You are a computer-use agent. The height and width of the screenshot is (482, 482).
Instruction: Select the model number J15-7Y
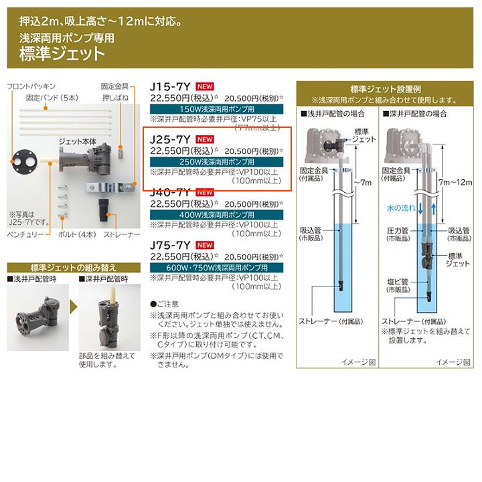pos(172,86)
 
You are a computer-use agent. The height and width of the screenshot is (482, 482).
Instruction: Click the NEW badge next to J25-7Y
pos(206,139)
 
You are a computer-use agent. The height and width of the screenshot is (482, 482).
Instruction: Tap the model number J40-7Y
pos(172,191)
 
